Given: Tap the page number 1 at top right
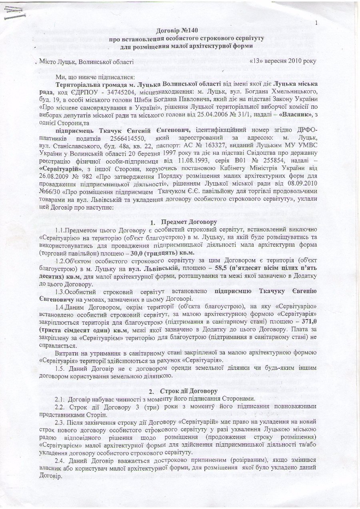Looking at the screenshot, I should (x=316, y=23).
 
